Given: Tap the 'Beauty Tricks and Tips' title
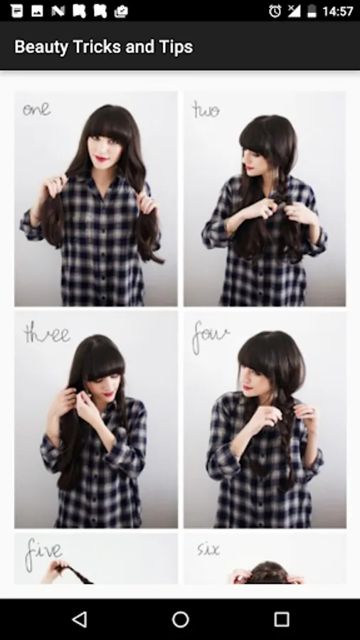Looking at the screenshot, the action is click(x=104, y=48).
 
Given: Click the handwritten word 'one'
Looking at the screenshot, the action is click(x=36, y=110).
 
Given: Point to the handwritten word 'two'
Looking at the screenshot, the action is click(x=206, y=110).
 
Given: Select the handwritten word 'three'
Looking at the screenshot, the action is click(x=46, y=334).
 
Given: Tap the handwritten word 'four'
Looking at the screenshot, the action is click(x=210, y=336).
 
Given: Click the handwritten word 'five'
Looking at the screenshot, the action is click(x=43, y=553).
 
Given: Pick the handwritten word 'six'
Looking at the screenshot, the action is click(x=208, y=550).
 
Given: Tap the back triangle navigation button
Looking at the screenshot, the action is click(x=80, y=619).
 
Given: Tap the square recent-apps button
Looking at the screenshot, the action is click(x=281, y=619).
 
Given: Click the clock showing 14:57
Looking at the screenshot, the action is click(x=337, y=11).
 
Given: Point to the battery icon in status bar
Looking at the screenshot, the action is click(x=312, y=11).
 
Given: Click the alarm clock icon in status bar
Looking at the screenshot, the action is click(x=275, y=11).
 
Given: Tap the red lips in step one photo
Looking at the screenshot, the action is click(x=99, y=158).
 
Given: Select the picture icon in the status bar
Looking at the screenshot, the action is click(x=37, y=11).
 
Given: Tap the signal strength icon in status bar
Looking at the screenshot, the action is click(x=294, y=11).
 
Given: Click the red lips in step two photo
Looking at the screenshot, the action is click(x=248, y=167).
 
